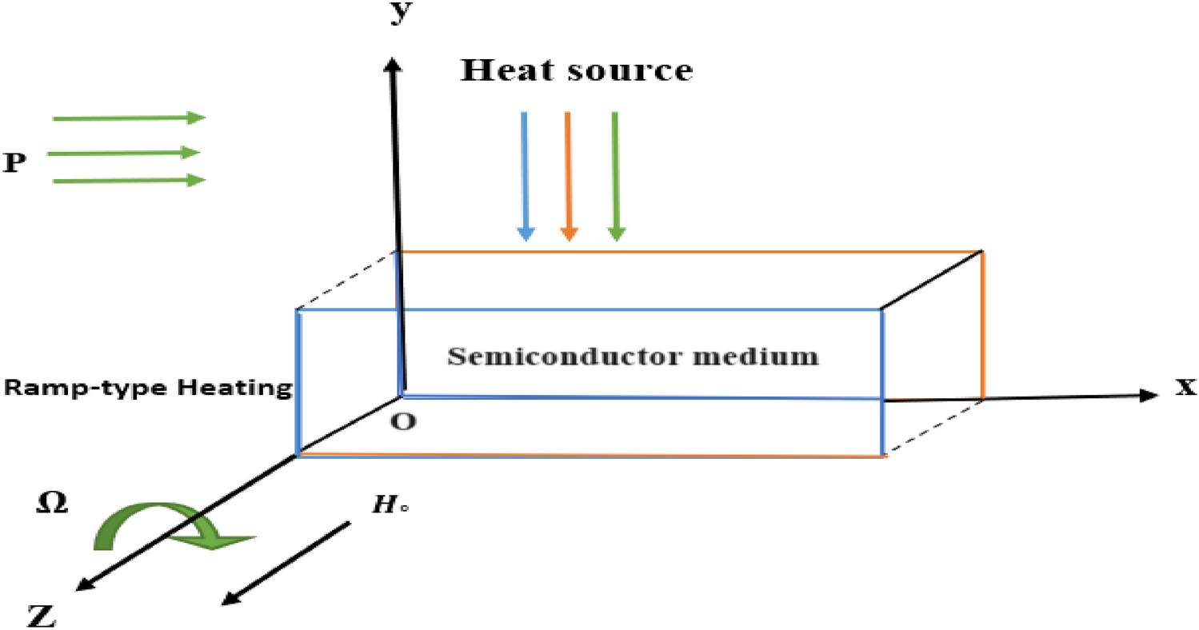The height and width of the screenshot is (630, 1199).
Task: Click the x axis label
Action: pyautogui.click(x=1185, y=389)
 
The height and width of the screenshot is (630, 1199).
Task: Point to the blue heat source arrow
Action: pyautogui.click(x=525, y=176)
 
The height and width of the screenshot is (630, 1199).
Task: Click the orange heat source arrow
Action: pyautogui.click(x=568, y=176)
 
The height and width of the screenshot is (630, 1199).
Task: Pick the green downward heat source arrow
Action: pyautogui.click(x=614, y=176)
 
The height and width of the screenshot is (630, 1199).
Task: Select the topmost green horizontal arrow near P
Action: pyautogui.click(x=129, y=118)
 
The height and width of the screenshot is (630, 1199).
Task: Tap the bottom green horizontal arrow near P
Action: pyautogui.click(x=129, y=181)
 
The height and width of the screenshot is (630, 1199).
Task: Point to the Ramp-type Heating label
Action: pyautogui.click(x=146, y=389)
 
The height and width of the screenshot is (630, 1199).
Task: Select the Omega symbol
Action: pyautogui.click(x=52, y=504)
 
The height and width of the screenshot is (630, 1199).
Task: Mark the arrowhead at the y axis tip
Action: pyautogui.click(x=392, y=65)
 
